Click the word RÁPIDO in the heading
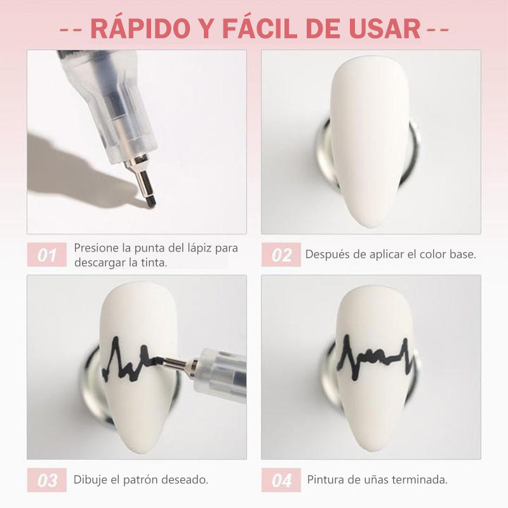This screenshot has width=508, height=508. click(140, 28)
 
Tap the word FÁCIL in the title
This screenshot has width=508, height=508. click(259, 28)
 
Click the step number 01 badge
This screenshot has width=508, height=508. click(47, 255)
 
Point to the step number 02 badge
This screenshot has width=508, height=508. click(281, 255)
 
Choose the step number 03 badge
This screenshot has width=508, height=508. click(47, 480)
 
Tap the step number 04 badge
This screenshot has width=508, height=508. click(281, 480)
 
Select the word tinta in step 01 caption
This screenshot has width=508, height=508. click(153, 262)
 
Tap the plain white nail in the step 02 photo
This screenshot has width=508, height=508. click(370, 139)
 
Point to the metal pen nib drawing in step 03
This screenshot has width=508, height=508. click(177, 364)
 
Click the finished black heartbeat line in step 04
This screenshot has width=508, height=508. click(375, 358)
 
